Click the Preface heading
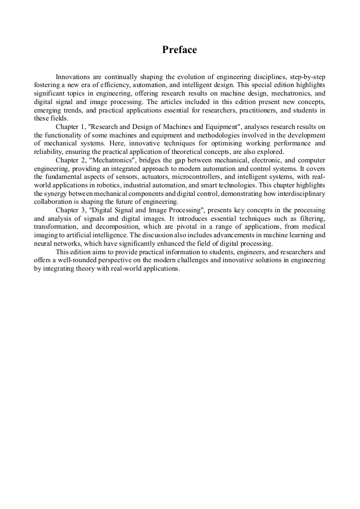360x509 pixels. pyautogui.click(x=179, y=50)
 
